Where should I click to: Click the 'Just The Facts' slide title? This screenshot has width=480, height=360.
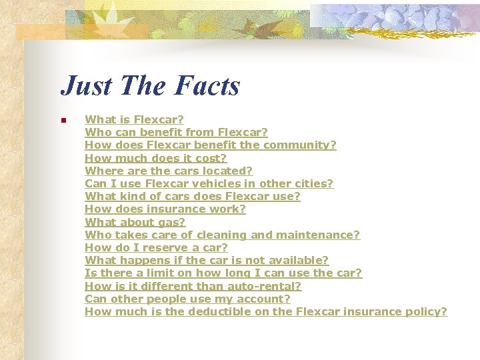coord(150,85)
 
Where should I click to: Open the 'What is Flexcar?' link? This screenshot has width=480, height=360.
coord(134,120)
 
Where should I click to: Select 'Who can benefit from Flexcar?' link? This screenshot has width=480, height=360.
coord(176,133)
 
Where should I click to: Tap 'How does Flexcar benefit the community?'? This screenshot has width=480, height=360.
coord(210,145)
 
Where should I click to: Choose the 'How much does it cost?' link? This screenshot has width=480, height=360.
coord(155,158)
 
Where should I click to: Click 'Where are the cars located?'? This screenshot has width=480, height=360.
coord(169,171)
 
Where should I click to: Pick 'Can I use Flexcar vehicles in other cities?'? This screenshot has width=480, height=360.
coord(209,183)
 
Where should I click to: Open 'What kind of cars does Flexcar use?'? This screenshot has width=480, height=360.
coord(192,196)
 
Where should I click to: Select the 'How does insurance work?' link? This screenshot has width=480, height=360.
coord(165,209)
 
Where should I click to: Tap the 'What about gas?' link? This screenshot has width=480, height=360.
coord(135,222)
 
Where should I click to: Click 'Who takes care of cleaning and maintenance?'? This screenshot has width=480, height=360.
coord(222,235)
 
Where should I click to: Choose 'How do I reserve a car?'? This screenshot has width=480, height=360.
coord(156,247)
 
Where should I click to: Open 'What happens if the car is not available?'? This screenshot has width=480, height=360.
coord(207,260)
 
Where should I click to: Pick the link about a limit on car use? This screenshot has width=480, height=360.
coord(223,273)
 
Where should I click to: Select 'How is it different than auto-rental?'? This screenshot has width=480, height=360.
coord(193,286)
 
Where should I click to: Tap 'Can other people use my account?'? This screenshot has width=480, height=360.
coord(187,299)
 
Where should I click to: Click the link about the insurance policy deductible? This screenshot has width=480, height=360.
coord(266,311)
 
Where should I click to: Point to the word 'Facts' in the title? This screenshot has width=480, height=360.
coord(207,85)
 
